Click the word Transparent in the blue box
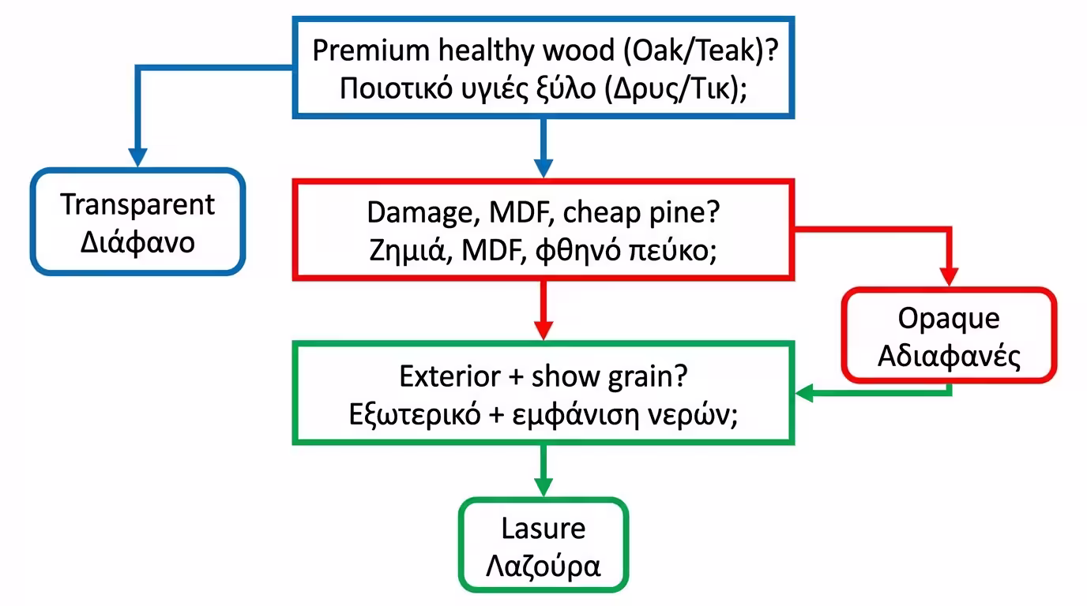click(x=137, y=204)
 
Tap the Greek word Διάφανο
click(x=137, y=241)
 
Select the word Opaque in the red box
click(x=948, y=319)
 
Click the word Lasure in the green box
click(x=543, y=528)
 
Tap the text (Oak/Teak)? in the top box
click(x=697, y=50)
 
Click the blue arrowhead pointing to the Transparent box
click(x=138, y=157)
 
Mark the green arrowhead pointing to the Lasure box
click(x=543, y=486)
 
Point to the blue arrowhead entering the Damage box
click(x=543, y=167)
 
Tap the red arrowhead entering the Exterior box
click(x=543, y=329)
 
